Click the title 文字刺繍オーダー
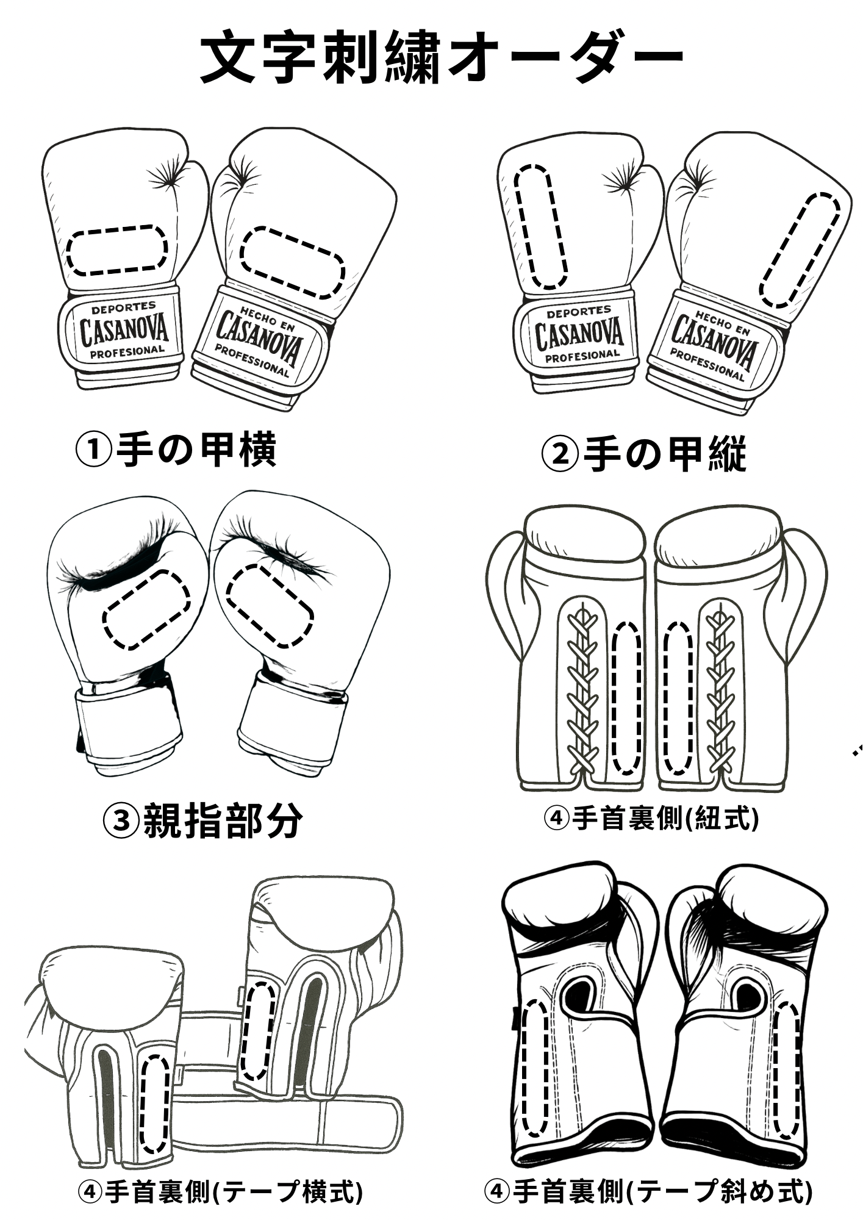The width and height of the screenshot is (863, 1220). pos(442,57)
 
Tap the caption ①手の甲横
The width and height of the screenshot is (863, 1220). pos(176,450)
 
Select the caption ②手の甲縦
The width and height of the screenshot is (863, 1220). pos(644,454)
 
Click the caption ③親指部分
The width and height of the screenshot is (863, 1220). pos(202,820)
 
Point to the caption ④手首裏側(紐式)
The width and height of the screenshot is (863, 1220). pos(651,818)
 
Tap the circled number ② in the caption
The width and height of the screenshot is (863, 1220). pos(560,454)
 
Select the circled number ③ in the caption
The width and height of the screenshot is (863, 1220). pos(121,820)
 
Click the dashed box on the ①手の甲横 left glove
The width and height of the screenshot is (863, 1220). pos(116,249)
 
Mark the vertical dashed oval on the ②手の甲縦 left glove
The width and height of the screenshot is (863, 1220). pos(541,226)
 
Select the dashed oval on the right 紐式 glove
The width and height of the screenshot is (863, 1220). pos(678,698)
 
